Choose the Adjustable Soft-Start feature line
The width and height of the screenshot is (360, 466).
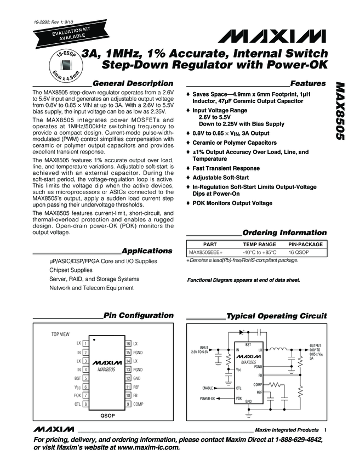click(220, 178)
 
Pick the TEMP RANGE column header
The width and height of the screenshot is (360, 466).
click(260, 244)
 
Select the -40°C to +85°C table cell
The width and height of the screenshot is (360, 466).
click(260, 252)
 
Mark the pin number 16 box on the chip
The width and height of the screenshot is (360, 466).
click(128, 343)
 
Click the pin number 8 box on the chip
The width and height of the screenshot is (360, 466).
click(87, 404)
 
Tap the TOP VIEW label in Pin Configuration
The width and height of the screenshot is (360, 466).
click(61, 333)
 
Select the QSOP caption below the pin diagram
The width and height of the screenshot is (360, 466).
click(107, 416)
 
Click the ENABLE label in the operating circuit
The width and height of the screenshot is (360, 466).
click(206, 388)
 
